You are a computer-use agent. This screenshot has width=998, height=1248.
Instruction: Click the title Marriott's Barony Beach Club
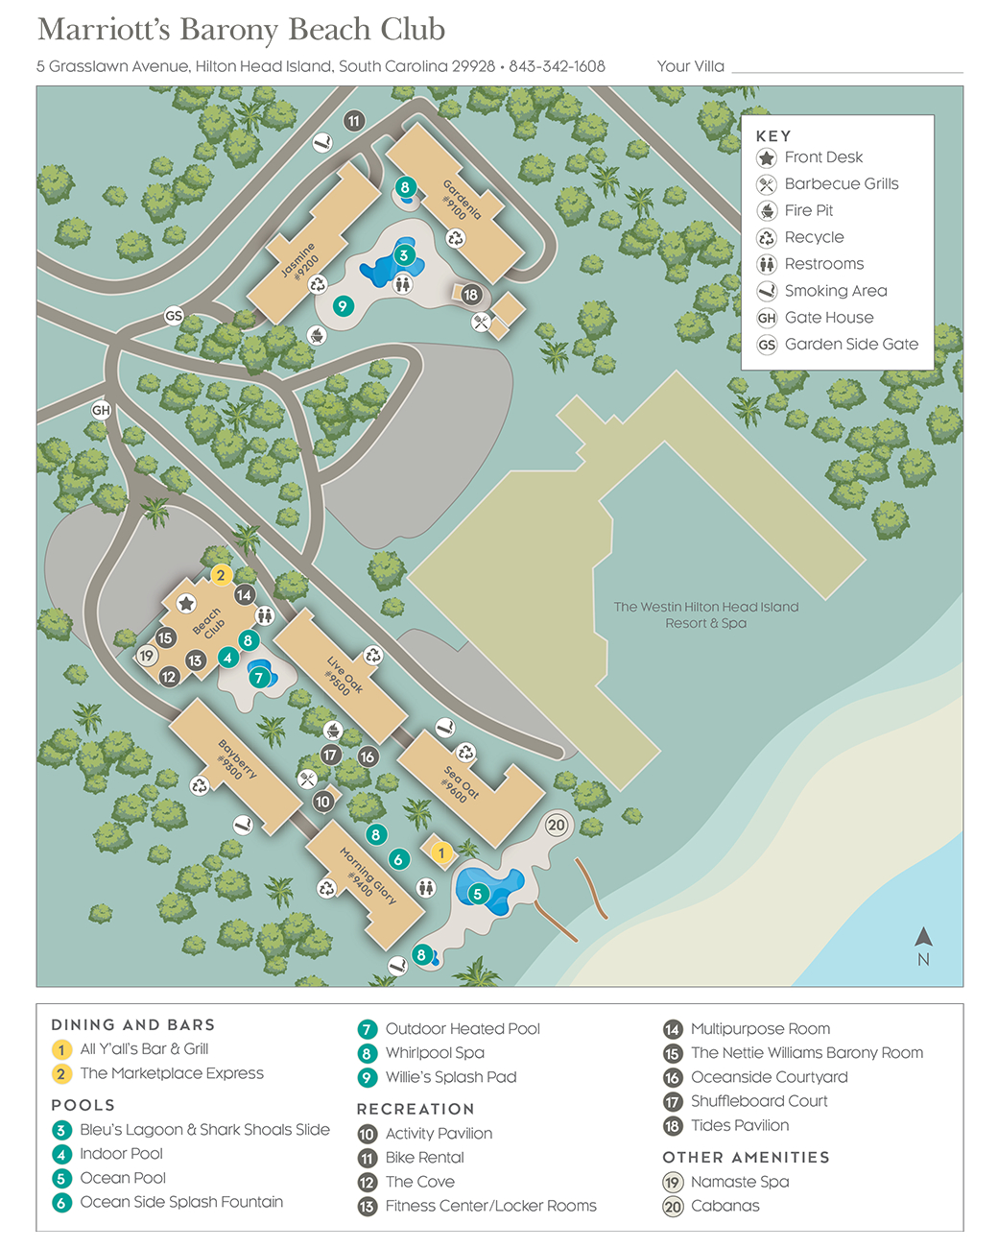coord(241,30)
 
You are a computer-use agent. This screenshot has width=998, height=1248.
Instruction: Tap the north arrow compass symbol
coord(923,938)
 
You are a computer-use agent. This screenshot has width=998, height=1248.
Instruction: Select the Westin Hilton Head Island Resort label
coord(705,614)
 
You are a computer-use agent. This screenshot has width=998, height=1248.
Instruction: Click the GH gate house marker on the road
coord(101,410)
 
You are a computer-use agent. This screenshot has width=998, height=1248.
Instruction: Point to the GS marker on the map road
coord(174,316)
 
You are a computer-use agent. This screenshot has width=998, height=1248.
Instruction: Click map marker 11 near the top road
coord(354,121)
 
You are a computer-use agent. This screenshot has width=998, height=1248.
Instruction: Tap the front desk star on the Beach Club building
coord(186,603)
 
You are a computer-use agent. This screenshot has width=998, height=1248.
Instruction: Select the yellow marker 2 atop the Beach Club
coord(221,575)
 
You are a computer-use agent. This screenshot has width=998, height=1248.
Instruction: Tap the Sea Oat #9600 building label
coord(460,782)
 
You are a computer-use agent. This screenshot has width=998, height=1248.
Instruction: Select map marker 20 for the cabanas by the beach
coord(557,825)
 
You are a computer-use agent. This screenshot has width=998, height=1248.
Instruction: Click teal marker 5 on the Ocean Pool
coord(477,894)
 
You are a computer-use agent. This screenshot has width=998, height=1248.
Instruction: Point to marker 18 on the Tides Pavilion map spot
coord(470,295)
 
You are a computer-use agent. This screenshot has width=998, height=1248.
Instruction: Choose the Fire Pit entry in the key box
coord(808,210)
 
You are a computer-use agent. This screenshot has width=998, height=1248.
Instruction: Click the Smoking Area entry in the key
coord(835,291)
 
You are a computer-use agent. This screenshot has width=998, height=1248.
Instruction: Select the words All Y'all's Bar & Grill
coord(144,1049)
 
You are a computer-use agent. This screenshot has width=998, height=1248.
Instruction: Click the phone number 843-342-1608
coord(557,66)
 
